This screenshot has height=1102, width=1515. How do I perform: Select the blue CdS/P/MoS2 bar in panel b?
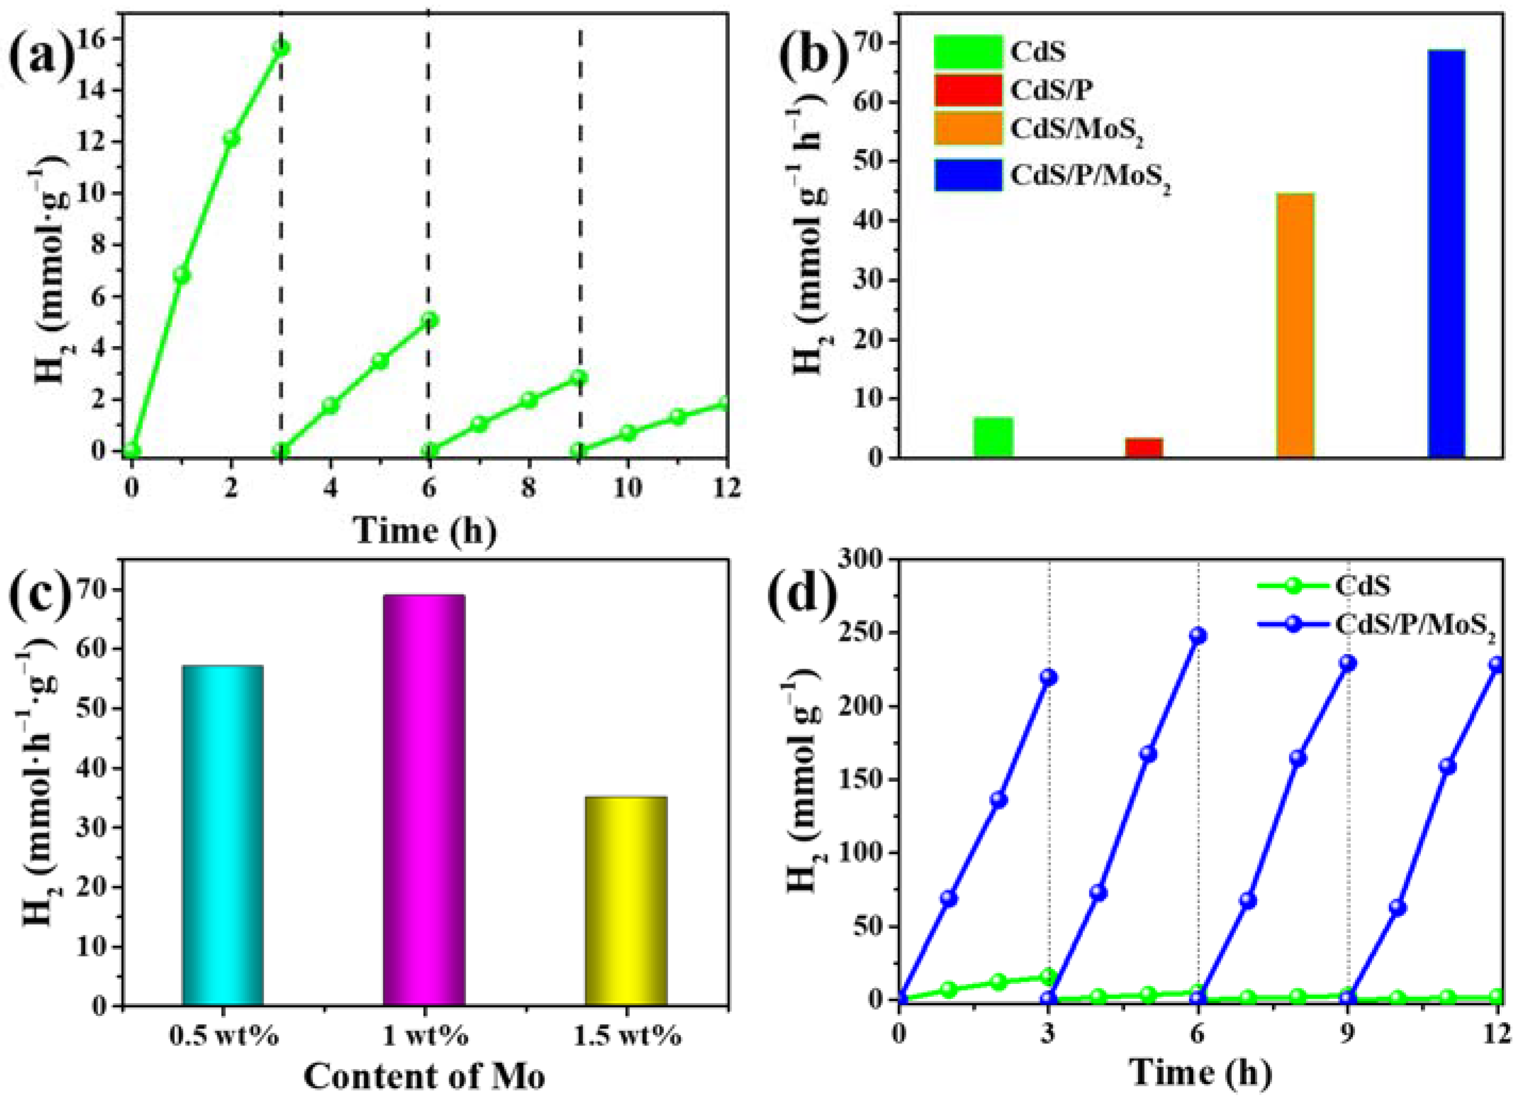[1446, 254]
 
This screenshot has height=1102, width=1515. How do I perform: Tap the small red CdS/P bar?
[1143, 447]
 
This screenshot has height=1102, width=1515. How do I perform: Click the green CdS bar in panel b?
[994, 437]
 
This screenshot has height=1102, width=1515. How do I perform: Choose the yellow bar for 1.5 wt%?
[626, 901]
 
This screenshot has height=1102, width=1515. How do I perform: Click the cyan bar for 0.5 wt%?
[222, 835]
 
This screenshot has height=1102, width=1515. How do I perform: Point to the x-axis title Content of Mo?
[425, 1075]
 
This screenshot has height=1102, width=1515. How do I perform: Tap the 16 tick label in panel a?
[99, 40]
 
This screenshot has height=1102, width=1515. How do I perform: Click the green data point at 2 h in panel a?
[231, 139]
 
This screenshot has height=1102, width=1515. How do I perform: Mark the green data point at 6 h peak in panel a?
[430, 321]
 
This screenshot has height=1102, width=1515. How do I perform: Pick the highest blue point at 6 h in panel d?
[1198, 635]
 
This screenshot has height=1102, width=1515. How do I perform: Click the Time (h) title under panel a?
[425, 532]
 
